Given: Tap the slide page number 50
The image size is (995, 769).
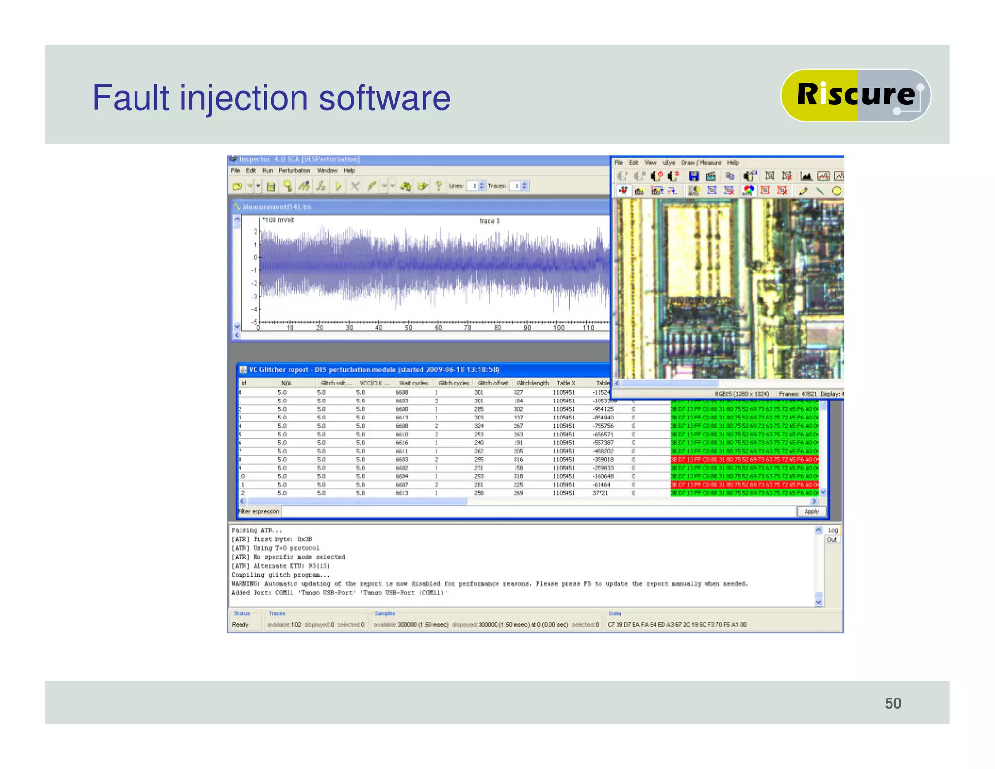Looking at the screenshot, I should tap(892, 703).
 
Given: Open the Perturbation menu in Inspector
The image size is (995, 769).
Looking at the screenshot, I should tap(294, 171).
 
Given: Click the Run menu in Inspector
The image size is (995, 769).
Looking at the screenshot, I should tap(267, 171).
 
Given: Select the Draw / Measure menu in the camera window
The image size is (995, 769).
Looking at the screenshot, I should tap(701, 163).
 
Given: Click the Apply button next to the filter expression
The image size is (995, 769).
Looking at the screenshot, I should tap(811, 511).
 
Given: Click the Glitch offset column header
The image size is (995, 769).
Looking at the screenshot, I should tap(493, 383).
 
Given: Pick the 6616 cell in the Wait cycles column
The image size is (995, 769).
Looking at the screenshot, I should tap(402, 443).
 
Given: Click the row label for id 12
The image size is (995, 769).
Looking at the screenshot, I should tap(242, 493).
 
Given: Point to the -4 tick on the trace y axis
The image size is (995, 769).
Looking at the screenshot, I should tap(254, 309).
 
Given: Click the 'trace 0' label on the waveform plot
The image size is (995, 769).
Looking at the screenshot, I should tap(489, 221).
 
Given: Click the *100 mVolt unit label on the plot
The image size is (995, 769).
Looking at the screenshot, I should tap(278, 220).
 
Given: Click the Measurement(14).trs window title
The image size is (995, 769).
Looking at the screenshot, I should tap(277, 207).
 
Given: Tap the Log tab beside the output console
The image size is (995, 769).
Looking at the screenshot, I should tap(833, 530).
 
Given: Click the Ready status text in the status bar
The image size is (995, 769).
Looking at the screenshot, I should tap(240, 625).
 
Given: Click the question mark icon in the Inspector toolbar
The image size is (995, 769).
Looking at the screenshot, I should tap(439, 186).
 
